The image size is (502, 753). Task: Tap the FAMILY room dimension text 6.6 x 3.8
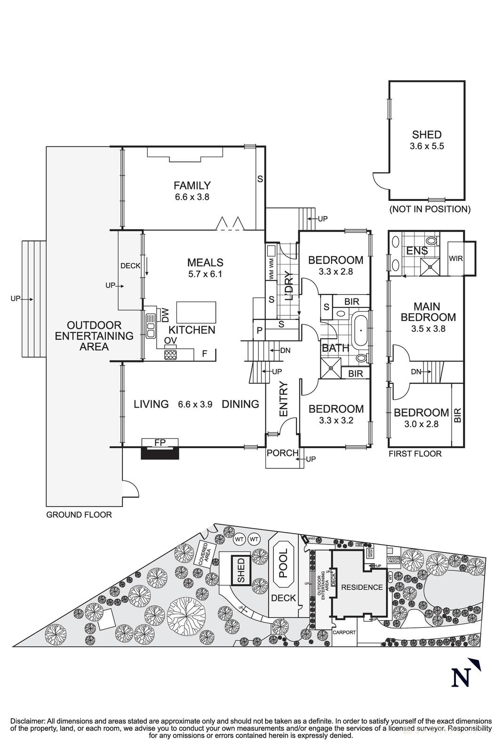click(x=192, y=197)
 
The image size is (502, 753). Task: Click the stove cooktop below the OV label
click(x=170, y=354)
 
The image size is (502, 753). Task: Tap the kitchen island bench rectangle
click(x=196, y=312)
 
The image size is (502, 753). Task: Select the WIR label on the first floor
click(x=455, y=259)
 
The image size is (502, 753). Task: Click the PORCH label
click(x=282, y=453)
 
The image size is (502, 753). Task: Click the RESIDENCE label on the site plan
click(x=362, y=587)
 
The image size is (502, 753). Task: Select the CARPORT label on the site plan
click(x=344, y=633)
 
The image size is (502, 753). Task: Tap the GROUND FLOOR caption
click(x=79, y=515)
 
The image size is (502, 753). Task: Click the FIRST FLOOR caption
click(x=415, y=454)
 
